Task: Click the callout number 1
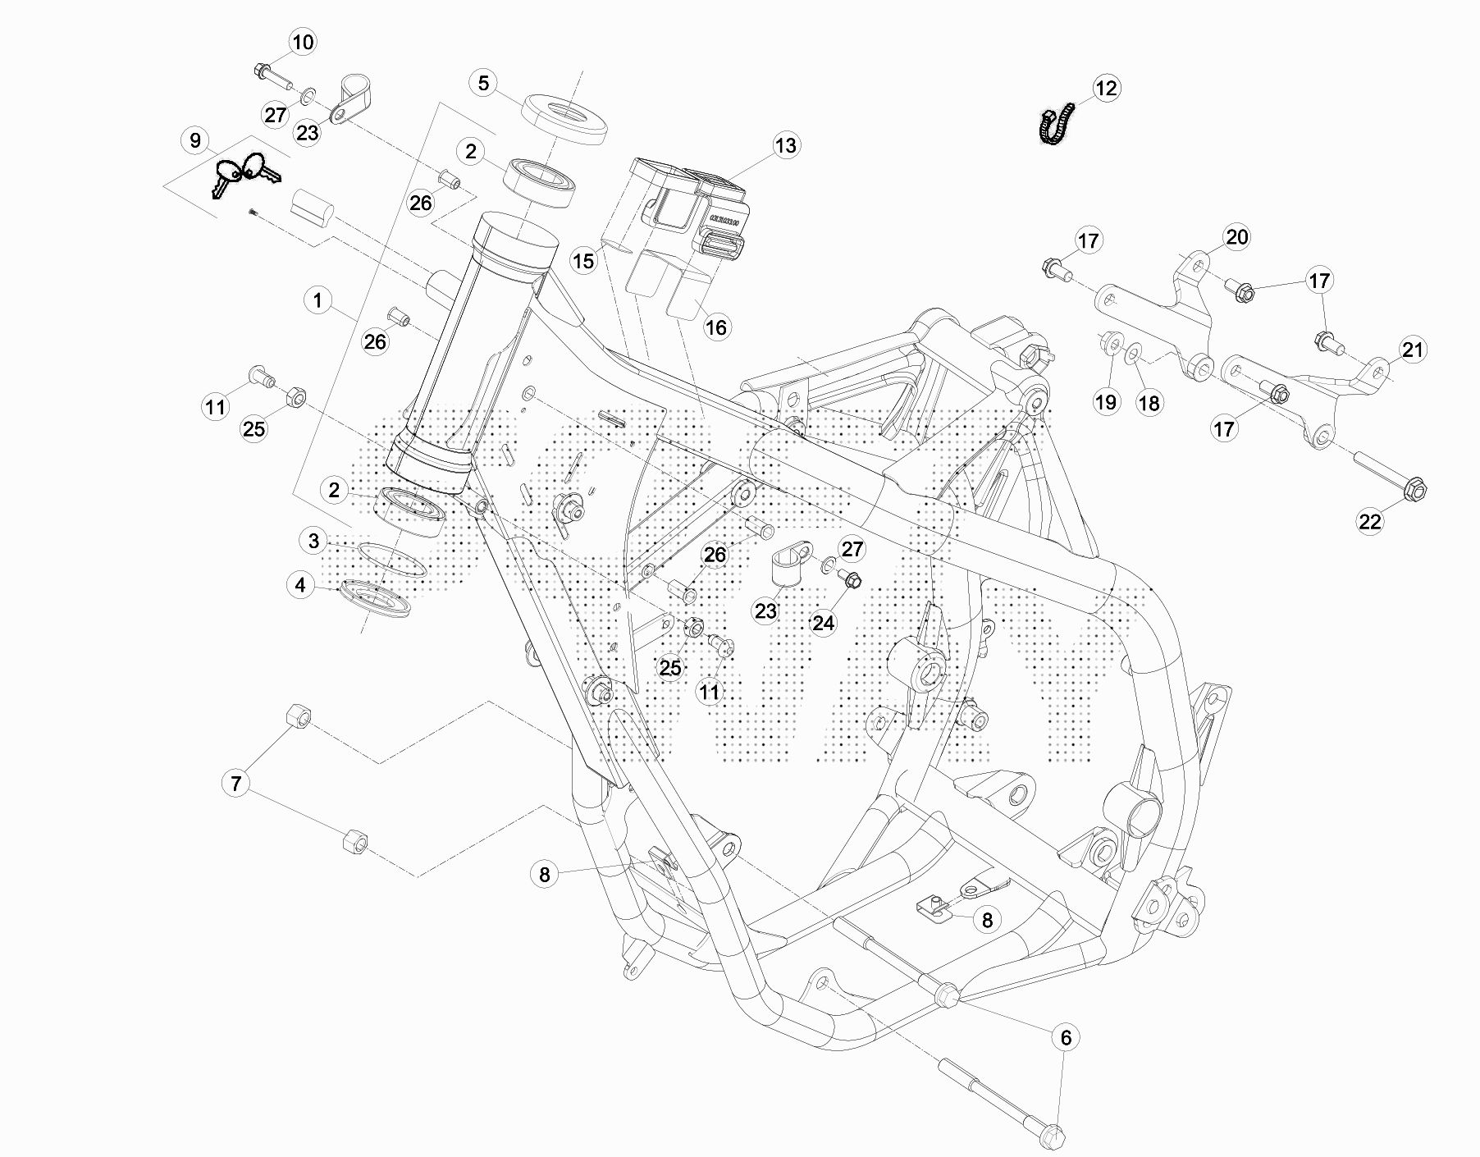pos(318,300)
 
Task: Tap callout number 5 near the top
pos(483,83)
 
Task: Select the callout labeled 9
pos(195,140)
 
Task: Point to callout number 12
pos(1106,88)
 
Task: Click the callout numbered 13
pos(785,145)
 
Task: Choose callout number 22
pos(1370,521)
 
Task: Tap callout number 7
pos(236,784)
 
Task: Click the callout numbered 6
pos(1066,1038)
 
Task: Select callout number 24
pos(823,624)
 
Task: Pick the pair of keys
pos(244,172)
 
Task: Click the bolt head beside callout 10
pos(261,71)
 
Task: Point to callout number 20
pos(1236,237)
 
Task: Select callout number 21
pos(1413,350)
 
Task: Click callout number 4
pos(301,585)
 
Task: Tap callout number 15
pos(583,261)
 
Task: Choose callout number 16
pos(716,327)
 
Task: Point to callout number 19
pos(1106,402)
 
